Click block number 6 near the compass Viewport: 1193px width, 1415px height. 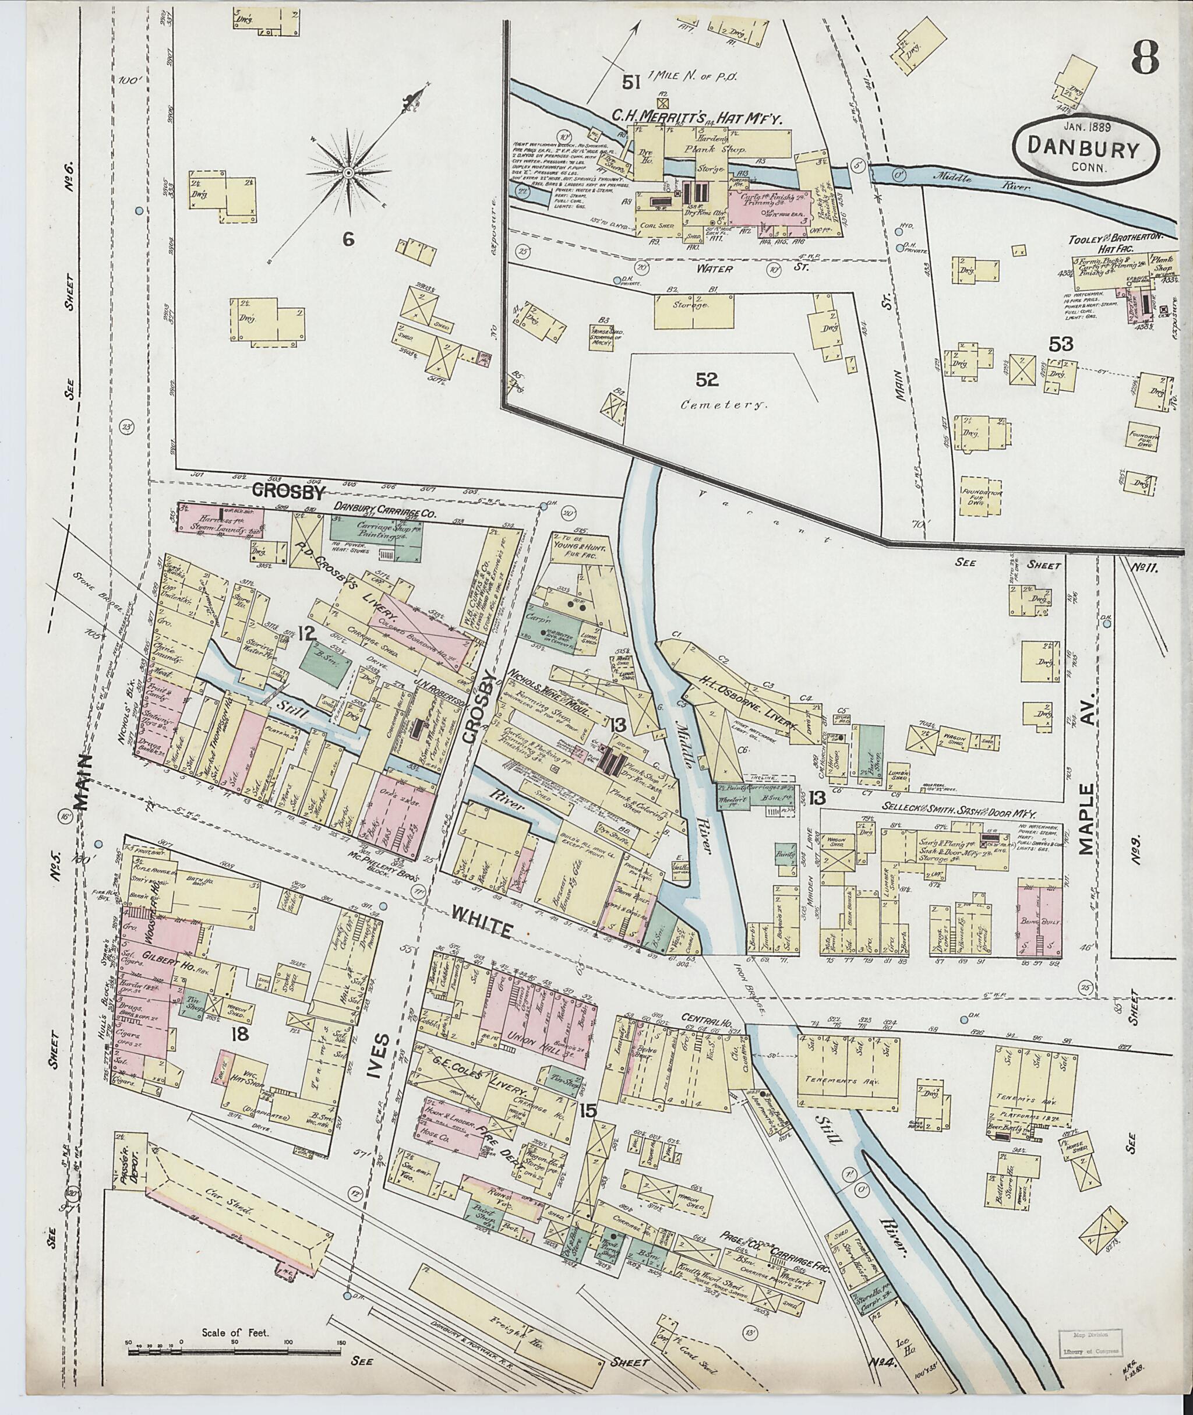(x=348, y=238)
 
